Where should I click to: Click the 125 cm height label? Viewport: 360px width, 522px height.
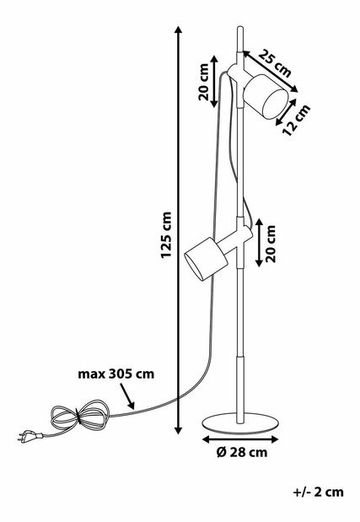pos(166,234)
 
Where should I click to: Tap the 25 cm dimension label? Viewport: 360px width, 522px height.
pos(275,63)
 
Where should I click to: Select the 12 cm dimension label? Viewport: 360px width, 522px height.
pos(296,120)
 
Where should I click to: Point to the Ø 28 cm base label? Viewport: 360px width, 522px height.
pos(242,452)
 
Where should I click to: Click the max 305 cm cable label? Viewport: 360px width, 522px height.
pos(116,374)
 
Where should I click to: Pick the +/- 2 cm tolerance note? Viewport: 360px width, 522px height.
pos(319,492)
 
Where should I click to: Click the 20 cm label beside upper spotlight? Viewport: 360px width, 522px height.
pos(203,82)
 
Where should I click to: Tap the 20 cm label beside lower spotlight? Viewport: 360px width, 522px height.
pos(271,244)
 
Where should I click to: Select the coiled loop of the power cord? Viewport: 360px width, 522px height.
pos(80,415)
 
